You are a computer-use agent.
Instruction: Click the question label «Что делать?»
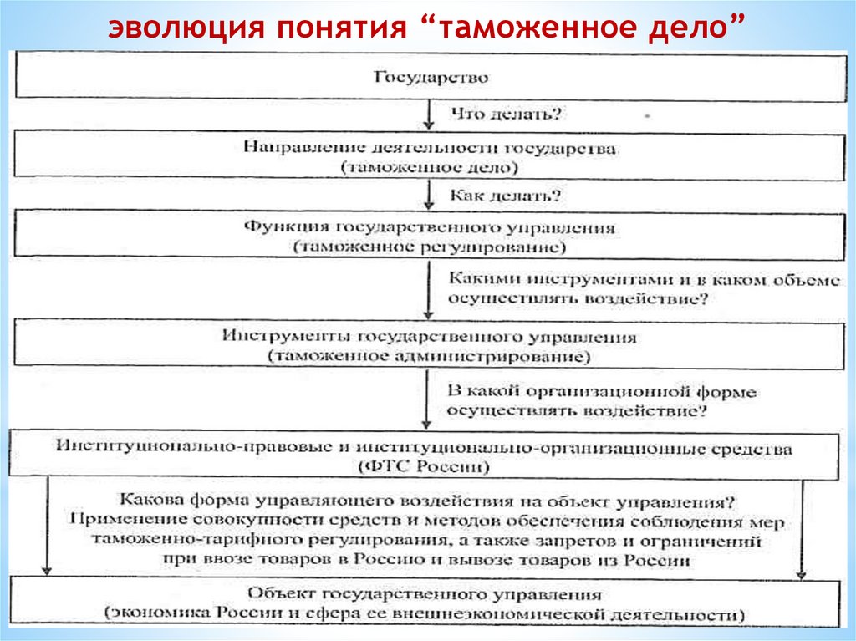[505, 111]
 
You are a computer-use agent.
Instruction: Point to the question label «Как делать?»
[505, 197]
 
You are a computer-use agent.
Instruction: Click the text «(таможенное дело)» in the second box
[429, 168]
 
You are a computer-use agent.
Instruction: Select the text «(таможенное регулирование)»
[429, 248]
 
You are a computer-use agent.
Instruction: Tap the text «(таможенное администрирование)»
[429, 356]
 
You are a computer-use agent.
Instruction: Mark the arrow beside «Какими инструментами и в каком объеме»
[428, 289]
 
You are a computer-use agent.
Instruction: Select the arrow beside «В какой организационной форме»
[428, 402]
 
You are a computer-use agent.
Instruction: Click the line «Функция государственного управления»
[429, 227]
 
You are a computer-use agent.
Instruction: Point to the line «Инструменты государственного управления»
[429, 337]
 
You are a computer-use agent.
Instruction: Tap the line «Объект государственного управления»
[425, 595]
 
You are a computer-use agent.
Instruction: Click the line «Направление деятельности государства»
[431, 147]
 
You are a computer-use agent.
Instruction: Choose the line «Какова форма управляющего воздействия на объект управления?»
[428, 502]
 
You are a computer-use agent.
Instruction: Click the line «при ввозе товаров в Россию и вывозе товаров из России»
[428, 561]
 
